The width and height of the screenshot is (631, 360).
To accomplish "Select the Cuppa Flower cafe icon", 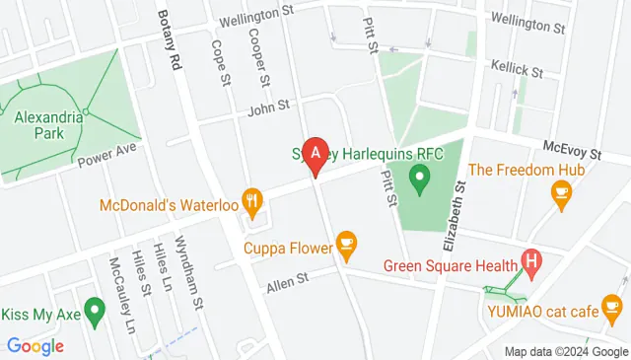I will (x=346, y=241).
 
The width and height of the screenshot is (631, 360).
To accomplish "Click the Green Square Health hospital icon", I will (x=532, y=263).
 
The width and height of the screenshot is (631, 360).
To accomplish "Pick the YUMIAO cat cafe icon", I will (x=613, y=312).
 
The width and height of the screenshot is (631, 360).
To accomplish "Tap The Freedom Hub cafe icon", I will (x=563, y=196).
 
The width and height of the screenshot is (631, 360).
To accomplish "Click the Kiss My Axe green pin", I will (x=95, y=312).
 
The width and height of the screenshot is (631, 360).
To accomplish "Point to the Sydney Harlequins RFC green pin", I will (x=420, y=180).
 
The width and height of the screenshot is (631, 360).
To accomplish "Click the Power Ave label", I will (x=109, y=155).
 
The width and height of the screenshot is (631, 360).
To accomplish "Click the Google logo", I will (x=35, y=346).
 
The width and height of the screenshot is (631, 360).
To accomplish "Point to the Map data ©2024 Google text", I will (x=566, y=352).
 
